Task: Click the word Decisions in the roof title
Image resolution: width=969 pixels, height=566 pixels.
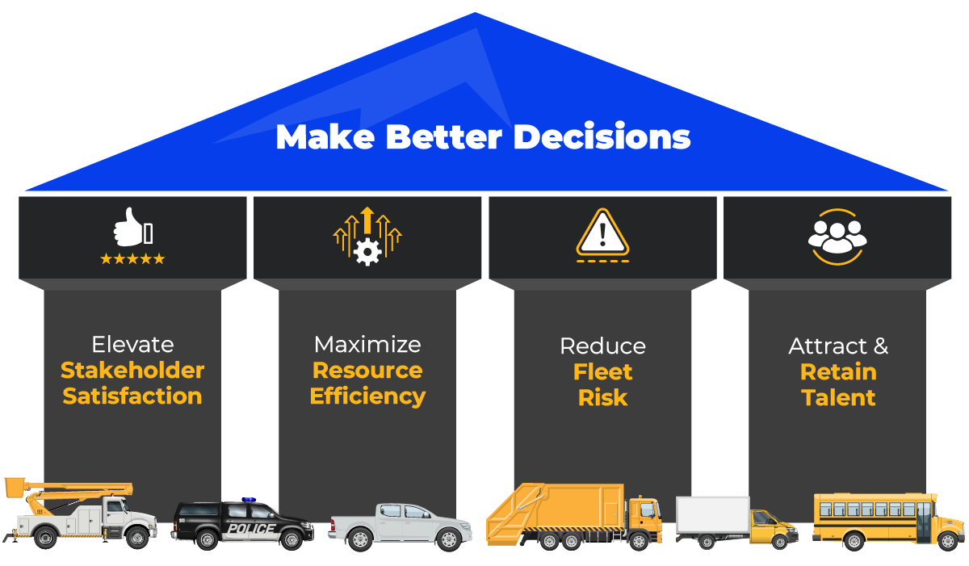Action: point(602,136)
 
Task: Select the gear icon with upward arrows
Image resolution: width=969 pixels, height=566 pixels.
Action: point(367,236)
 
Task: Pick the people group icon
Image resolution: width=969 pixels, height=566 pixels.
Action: point(837,236)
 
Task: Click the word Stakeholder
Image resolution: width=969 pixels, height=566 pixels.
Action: point(132,371)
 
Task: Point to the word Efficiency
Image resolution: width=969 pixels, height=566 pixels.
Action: point(367,396)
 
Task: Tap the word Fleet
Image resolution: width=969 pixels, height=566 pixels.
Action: point(602,372)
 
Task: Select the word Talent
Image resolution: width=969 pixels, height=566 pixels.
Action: point(838,397)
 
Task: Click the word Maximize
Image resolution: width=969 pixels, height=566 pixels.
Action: point(367,345)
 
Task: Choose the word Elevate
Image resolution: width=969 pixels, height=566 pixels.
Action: point(132,345)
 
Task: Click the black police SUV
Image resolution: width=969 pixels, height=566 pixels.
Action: point(243,526)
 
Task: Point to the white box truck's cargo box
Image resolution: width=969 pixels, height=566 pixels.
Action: point(713,515)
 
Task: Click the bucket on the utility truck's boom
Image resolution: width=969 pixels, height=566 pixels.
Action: point(16,487)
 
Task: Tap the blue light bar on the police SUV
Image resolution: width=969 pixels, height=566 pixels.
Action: point(248,500)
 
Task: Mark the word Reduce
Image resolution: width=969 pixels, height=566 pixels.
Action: point(602,346)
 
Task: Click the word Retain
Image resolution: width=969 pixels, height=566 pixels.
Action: point(838,372)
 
